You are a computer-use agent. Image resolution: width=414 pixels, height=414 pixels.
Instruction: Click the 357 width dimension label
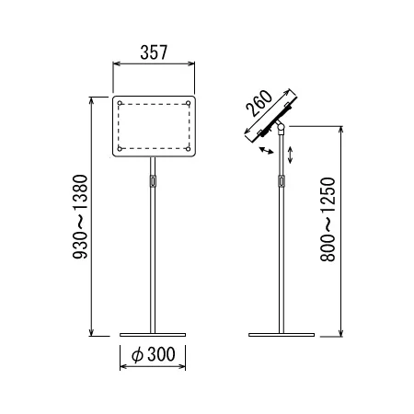tap(154, 52)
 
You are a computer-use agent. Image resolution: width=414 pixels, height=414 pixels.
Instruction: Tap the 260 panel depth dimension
tap(259, 103)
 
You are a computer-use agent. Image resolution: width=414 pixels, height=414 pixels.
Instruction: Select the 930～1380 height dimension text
tap(80, 216)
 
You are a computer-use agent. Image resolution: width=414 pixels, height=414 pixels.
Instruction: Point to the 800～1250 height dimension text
tap(328, 219)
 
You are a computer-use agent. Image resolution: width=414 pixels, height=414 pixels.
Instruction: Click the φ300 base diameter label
tap(154, 354)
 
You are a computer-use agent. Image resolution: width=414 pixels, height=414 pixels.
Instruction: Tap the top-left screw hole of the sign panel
tap(120, 103)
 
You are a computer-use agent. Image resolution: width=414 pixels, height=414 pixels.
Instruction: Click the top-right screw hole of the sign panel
tap(189, 103)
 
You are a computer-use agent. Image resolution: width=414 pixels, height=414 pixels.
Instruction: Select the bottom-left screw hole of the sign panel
tap(120, 149)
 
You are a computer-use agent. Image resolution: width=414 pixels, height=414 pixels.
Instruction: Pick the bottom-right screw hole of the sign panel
tap(189, 149)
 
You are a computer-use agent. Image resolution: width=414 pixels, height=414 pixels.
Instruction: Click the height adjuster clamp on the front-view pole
tap(153, 180)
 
